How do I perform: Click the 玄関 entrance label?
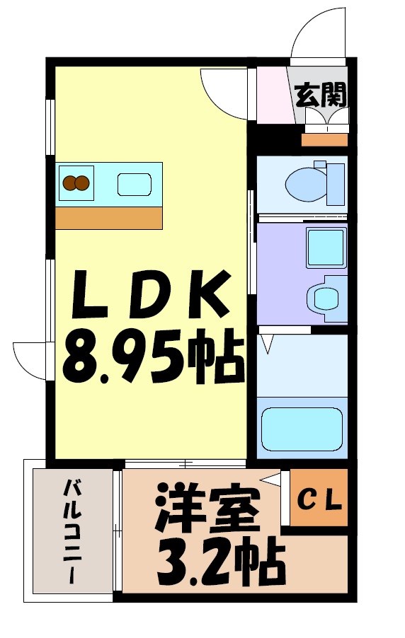pyautogui.click(x=321, y=95)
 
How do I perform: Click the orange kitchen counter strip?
pyautogui.click(x=110, y=218)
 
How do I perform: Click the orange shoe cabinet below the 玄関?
pyautogui.click(x=324, y=140)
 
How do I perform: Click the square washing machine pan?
pyautogui.click(x=325, y=247)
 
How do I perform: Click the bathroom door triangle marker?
pyautogui.click(x=267, y=344)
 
